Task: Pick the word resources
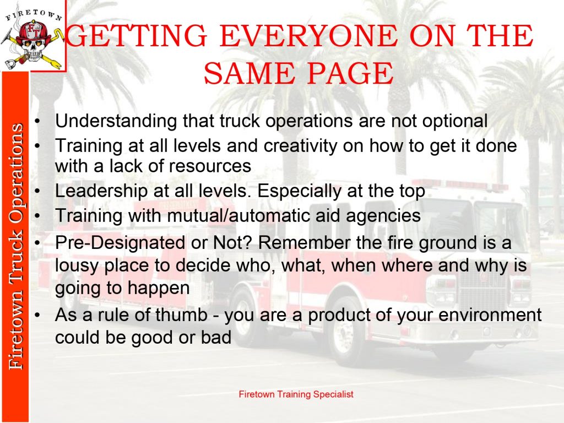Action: pyautogui.click(x=210, y=166)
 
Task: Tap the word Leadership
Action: pyautogui.click(x=101, y=191)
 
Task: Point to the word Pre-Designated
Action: pyautogui.click(x=120, y=243)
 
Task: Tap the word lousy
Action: pyautogui.click(x=77, y=266)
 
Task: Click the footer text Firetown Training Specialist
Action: pyautogui.click(x=296, y=394)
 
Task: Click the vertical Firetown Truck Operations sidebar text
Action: pyautogui.click(x=16, y=246)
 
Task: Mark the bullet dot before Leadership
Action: pyautogui.click(x=37, y=191)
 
